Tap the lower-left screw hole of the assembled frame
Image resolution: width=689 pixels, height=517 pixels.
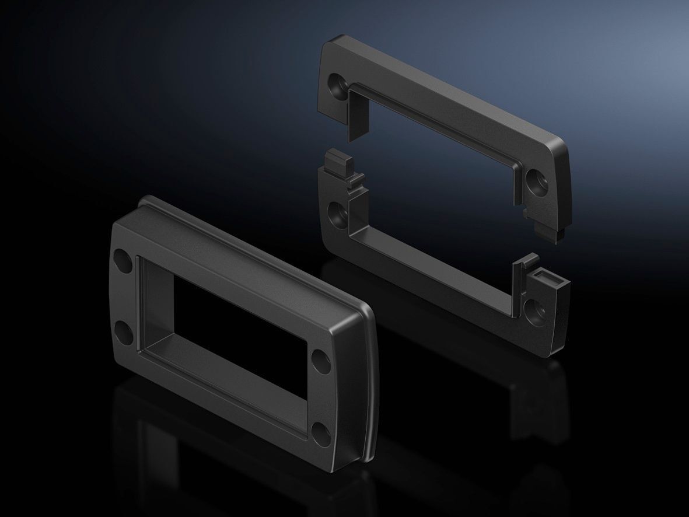pyautogui.click(x=125, y=333)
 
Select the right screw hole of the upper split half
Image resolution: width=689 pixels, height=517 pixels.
pyautogui.click(x=536, y=181)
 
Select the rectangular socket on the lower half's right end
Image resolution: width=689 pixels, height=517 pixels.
pyautogui.click(x=548, y=277)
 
